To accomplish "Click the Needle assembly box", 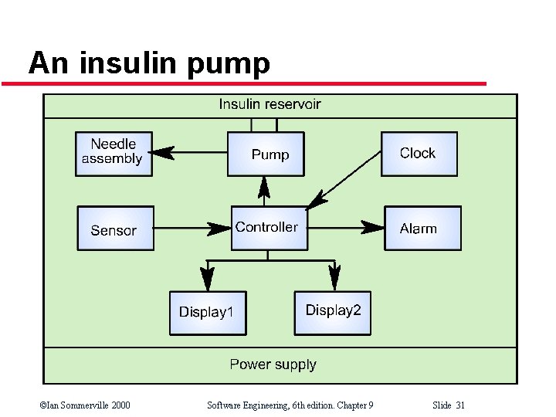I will pyautogui.click(x=114, y=154).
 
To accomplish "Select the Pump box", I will pyautogui.click(x=265, y=154).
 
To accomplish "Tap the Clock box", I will pyautogui.click(x=419, y=154).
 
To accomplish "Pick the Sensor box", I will pyautogui.click(x=115, y=229).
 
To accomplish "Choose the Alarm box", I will pyautogui.click(x=422, y=228).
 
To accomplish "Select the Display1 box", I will pyautogui.click(x=207, y=312).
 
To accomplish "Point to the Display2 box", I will pyautogui.click(x=332, y=312).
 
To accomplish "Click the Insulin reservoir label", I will pyautogui.click(x=270, y=104).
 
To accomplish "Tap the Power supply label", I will pyautogui.click(x=273, y=364).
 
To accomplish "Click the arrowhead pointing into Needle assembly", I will pyautogui.click(x=164, y=153).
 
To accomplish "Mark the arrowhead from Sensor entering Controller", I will pyautogui.click(x=219, y=228).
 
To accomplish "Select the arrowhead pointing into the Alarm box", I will pyautogui.click(x=373, y=227).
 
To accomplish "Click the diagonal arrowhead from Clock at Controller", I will pyautogui.click(x=315, y=202).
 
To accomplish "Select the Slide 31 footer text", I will pyautogui.click(x=449, y=405).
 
